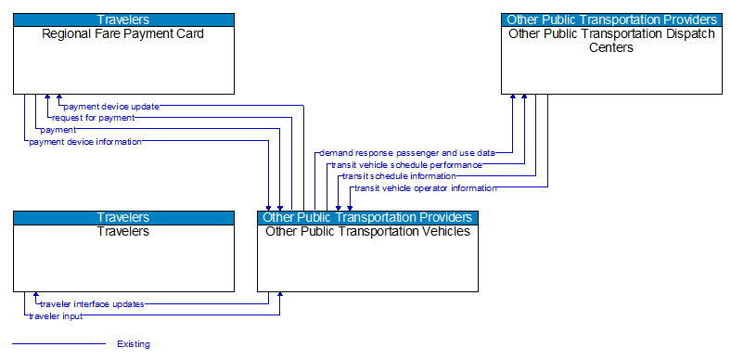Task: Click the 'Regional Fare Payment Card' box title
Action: tap(123, 34)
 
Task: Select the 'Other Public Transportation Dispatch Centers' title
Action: tap(611, 41)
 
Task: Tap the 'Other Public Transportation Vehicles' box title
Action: tap(367, 231)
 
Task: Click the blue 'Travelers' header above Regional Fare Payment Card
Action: tap(123, 19)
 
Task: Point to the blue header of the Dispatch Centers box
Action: tap(611, 19)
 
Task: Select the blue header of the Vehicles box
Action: tap(367, 217)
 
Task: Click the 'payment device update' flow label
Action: tap(111, 106)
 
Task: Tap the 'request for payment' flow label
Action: tap(93, 118)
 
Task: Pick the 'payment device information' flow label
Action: tap(85, 142)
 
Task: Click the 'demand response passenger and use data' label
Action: tap(406, 152)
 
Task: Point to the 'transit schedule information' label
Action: tap(399, 175)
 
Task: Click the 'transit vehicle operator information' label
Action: tap(425, 187)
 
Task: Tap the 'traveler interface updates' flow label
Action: tap(92, 303)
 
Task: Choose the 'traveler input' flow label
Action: tap(56, 315)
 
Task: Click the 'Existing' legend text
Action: tap(134, 344)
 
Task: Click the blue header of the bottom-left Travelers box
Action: tap(123, 217)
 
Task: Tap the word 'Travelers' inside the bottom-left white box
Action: tap(123, 231)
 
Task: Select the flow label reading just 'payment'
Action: tap(58, 130)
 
